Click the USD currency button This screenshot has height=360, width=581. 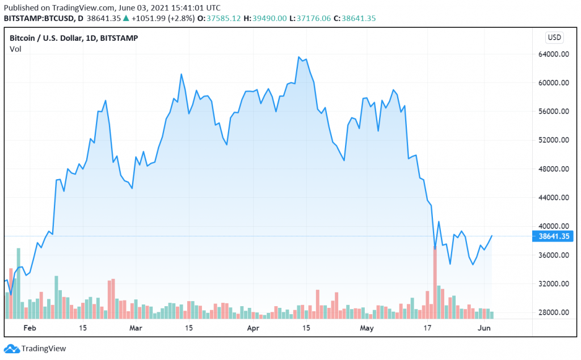[x=554, y=37]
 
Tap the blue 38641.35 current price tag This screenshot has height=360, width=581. [x=553, y=236]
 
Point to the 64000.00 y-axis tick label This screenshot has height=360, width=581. [x=554, y=54]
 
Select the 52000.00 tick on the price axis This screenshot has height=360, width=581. [x=554, y=140]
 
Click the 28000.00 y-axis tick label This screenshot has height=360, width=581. [x=554, y=312]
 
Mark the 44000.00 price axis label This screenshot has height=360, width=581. [x=554, y=197]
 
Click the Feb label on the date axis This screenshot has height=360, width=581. [x=30, y=328]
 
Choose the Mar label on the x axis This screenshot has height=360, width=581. [x=136, y=328]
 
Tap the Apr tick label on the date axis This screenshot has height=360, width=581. [x=253, y=328]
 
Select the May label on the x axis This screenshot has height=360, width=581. [x=367, y=328]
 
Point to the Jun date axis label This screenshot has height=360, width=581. [x=484, y=328]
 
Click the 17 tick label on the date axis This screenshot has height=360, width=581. [x=427, y=328]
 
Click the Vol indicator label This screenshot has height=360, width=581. [x=15, y=49]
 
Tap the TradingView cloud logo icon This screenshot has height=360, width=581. [x=11, y=349]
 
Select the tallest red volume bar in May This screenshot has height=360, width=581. [x=435, y=282]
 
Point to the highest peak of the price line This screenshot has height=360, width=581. [x=298, y=57]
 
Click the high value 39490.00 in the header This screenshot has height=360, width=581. [x=270, y=18]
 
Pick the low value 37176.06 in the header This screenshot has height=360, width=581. [x=313, y=18]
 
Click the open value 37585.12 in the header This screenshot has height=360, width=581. [x=224, y=18]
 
